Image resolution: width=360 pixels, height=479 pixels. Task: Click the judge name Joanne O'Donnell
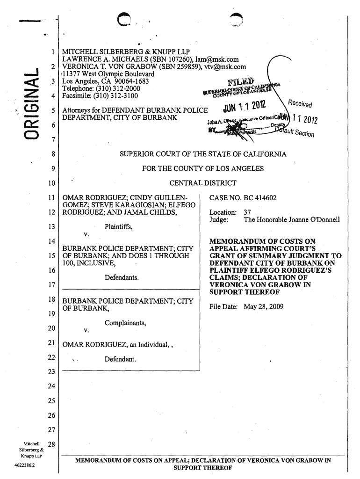(x=312, y=219)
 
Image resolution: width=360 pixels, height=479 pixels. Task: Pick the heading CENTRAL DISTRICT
(x=202, y=182)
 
